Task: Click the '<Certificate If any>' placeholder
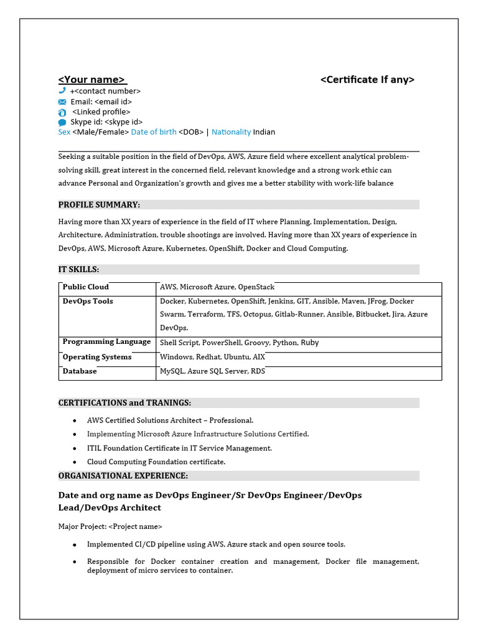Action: tap(367, 80)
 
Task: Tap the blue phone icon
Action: tap(62, 91)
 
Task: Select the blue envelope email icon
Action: tap(62, 102)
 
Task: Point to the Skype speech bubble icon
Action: tap(62, 123)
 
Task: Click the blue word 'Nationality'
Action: tap(231, 132)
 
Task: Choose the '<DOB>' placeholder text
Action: tap(191, 132)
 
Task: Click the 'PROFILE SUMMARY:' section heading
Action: tap(99, 205)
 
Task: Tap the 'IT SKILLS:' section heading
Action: tap(79, 270)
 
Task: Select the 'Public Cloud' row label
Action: tap(86, 287)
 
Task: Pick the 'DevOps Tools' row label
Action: tap(88, 302)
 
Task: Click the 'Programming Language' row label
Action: tap(106, 341)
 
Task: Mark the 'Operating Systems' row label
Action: tap(97, 357)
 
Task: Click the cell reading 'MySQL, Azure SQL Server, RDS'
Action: tap(212, 371)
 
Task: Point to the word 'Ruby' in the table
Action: tap(310, 343)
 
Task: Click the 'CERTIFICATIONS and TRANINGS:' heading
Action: tap(124, 403)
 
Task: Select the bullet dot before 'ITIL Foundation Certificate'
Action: tap(75, 449)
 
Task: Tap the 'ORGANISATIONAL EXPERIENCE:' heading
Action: tap(123, 476)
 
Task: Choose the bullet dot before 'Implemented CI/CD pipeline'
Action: tap(75, 545)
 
